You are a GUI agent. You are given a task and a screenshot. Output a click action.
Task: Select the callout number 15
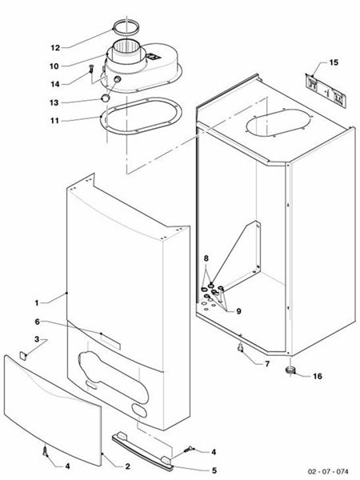click(x=334, y=62)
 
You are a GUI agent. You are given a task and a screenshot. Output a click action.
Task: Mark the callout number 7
click(x=267, y=364)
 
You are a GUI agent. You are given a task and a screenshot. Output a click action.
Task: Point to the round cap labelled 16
click(x=292, y=370)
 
